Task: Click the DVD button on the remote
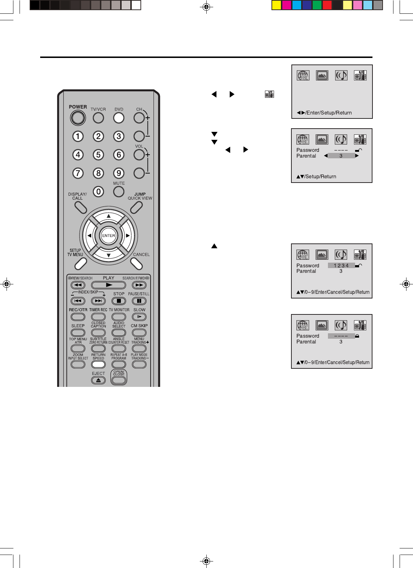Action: click(119, 118)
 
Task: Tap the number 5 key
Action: click(98, 155)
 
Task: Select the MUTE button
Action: click(119, 191)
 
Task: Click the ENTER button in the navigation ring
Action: click(109, 235)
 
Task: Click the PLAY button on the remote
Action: click(109, 285)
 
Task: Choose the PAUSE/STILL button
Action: click(139, 301)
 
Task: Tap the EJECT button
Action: click(98, 380)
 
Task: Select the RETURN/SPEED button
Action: click(98, 364)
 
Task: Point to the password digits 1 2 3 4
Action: click(341, 266)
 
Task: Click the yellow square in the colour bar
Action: click(277, 5)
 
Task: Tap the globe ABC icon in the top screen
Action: click(303, 75)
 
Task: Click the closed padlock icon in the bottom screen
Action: click(357, 336)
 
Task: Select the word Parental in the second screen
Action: click(306, 156)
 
